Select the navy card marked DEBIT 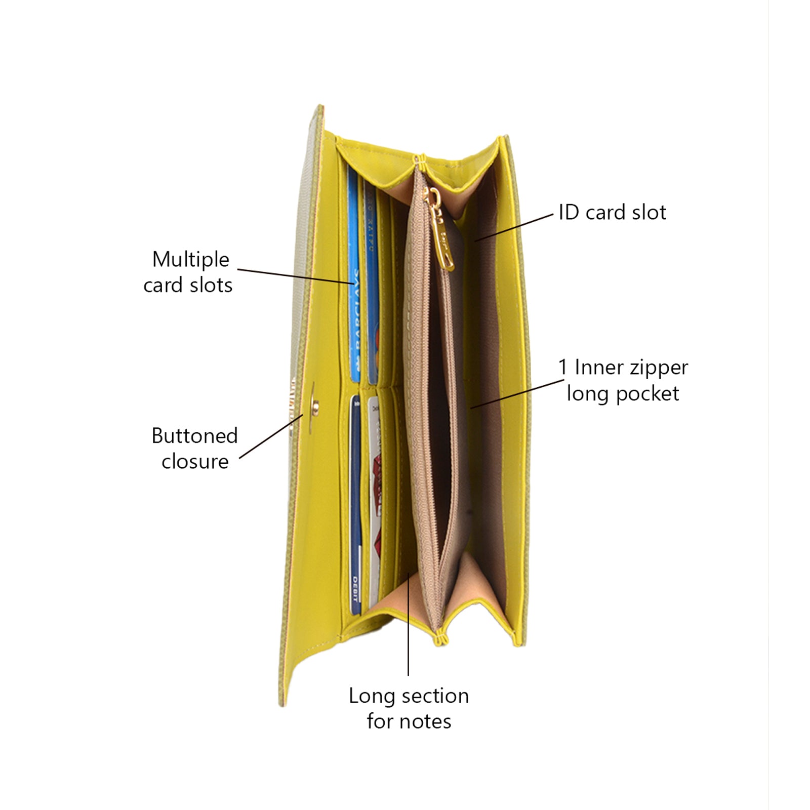coord(355,506)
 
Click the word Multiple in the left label coord(191,260)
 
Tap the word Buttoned coord(194,436)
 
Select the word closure coord(195,462)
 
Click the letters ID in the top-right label coord(569,213)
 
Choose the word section coord(435,696)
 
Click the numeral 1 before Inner coord(562,368)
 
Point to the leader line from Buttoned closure coord(271,436)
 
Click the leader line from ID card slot coord(514,227)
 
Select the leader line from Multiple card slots coord(296,276)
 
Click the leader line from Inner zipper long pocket coord(516,393)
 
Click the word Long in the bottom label coord(371,696)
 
